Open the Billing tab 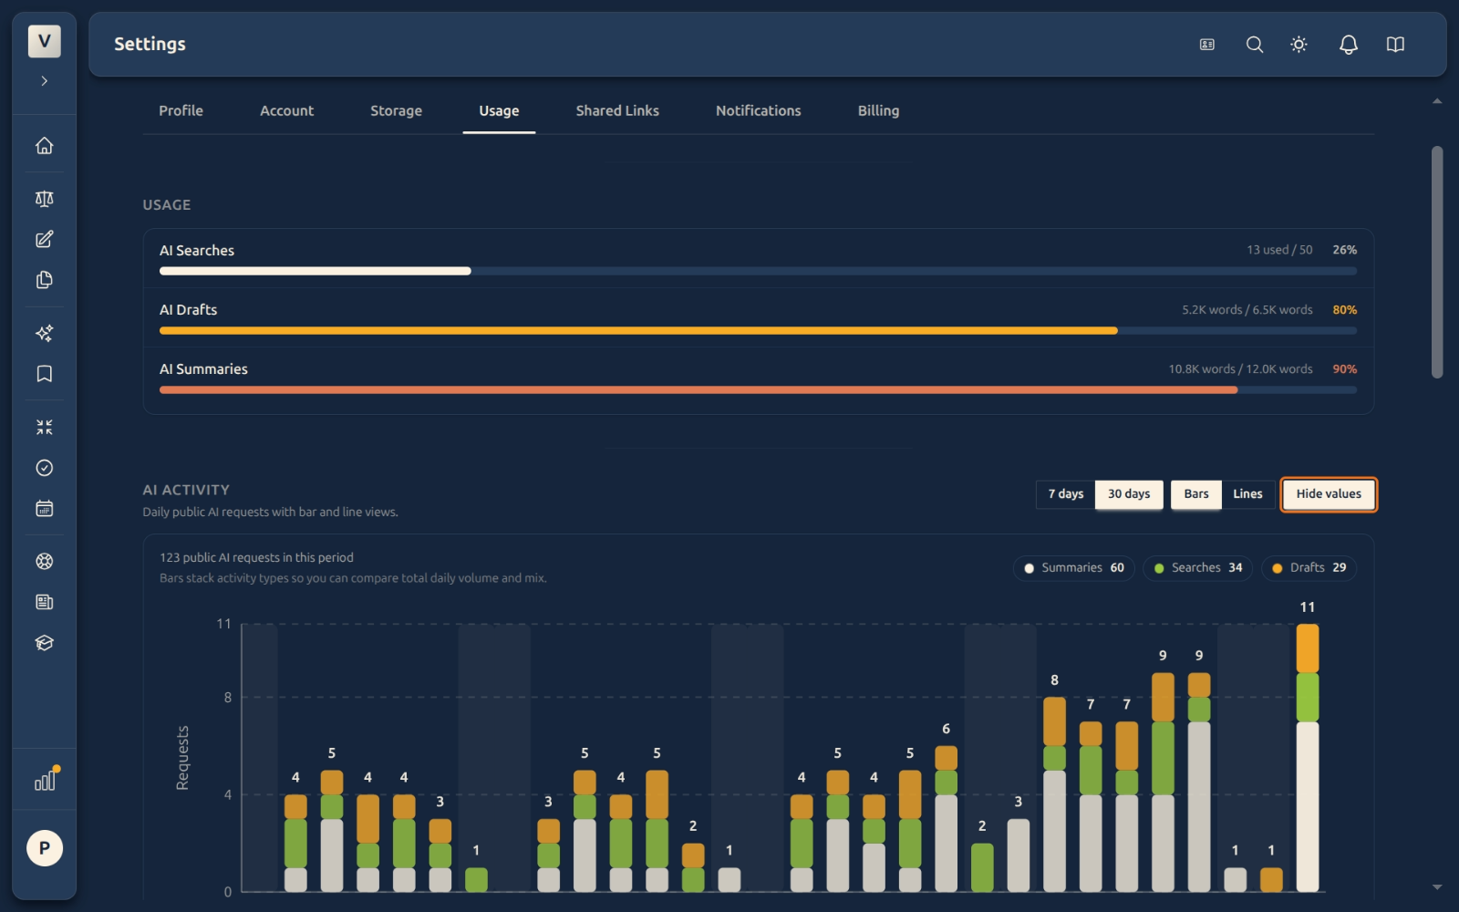pyautogui.click(x=878, y=110)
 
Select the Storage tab pyautogui.click(x=396, y=110)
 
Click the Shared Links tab pyautogui.click(x=616, y=110)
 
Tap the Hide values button pyautogui.click(x=1328, y=494)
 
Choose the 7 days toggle pyautogui.click(x=1066, y=494)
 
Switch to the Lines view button pyautogui.click(x=1247, y=494)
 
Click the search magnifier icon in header pyautogui.click(x=1255, y=45)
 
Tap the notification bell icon pyautogui.click(x=1349, y=45)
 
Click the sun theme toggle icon pyautogui.click(x=1299, y=45)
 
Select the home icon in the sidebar pyautogui.click(x=45, y=145)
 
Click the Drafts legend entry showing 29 pyautogui.click(x=1309, y=568)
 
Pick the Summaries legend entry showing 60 pyautogui.click(x=1073, y=568)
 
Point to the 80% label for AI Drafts pyautogui.click(x=1344, y=310)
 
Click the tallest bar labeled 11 pyautogui.click(x=1308, y=758)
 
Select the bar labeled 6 pyautogui.click(x=946, y=819)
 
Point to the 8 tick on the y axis pyautogui.click(x=227, y=698)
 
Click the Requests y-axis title pyautogui.click(x=182, y=758)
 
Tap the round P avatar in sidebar pyautogui.click(x=45, y=848)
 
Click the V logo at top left pyautogui.click(x=45, y=41)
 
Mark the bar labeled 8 pyautogui.click(x=1054, y=794)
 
